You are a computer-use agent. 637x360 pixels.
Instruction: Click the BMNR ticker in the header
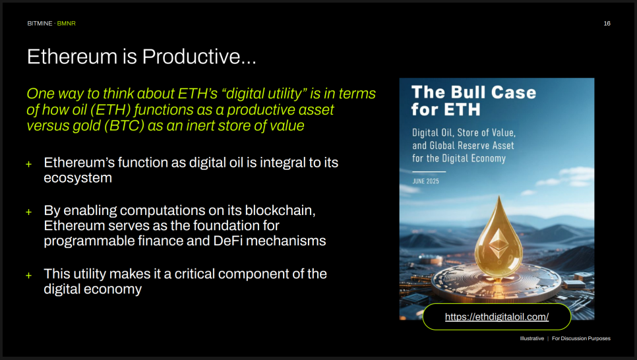(x=66, y=24)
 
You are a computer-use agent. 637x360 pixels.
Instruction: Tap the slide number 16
(x=607, y=24)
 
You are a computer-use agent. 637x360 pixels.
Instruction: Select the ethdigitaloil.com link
(x=497, y=317)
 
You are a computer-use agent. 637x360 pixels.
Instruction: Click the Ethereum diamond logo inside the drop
(x=498, y=243)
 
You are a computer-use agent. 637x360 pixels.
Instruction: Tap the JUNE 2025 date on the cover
(x=426, y=181)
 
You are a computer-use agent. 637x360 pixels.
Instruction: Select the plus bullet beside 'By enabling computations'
(x=29, y=212)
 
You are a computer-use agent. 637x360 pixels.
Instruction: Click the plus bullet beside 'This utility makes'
(x=29, y=276)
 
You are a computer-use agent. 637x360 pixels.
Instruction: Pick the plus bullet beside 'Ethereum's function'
(x=29, y=164)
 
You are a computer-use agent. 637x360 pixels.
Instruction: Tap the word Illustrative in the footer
(x=531, y=338)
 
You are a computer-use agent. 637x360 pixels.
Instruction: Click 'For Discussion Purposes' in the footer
(x=581, y=338)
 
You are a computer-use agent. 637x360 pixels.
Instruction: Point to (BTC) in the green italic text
(x=125, y=126)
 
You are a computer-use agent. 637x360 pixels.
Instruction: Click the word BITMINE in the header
(x=40, y=24)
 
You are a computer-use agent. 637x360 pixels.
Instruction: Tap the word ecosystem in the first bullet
(x=78, y=179)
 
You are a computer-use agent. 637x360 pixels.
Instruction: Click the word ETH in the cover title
(x=462, y=109)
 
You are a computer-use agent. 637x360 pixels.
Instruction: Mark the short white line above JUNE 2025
(x=429, y=171)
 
